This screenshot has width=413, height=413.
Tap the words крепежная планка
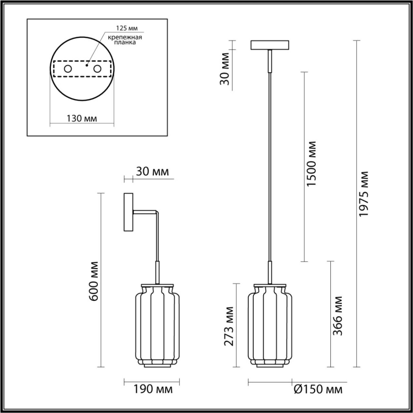coord(125,39)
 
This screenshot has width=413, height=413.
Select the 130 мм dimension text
coord(82,119)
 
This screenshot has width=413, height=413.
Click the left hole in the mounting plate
coord(68,69)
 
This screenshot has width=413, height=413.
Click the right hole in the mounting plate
coord(98,69)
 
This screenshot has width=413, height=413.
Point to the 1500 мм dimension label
coord(311,163)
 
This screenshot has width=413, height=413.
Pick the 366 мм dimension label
coord(337,316)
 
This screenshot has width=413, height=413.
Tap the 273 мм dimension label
coord(229,325)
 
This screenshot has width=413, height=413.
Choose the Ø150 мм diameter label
coord(317,390)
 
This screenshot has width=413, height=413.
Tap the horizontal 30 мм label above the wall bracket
coord(152,171)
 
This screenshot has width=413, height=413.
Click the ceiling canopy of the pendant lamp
coord(270,46)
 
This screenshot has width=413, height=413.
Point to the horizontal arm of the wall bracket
coord(145,212)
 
